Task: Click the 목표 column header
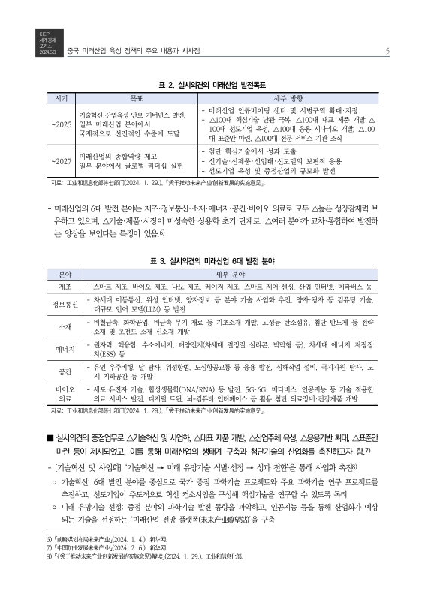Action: tap(136, 98)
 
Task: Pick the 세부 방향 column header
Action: tap(297, 98)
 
